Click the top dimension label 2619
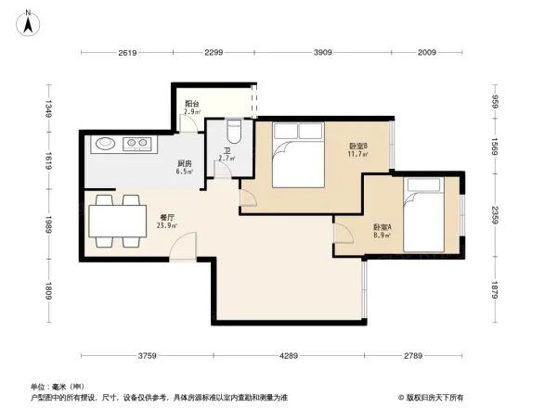coord(127,53)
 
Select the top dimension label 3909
coord(322,53)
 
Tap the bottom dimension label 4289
coord(290,356)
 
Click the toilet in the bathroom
coord(234,132)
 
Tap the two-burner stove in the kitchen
coord(137,144)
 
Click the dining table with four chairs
coord(115,221)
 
